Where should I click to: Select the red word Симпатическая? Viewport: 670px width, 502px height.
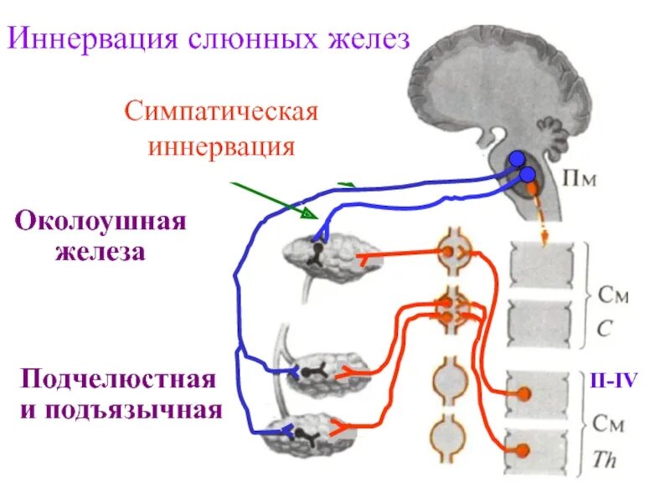tap(221, 111)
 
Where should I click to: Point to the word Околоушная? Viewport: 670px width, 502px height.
tap(101, 223)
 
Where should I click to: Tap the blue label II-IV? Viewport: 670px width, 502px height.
tap(612, 382)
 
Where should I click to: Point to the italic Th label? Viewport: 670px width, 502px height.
tap(604, 461)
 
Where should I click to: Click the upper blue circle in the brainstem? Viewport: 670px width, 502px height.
tap(518, 159)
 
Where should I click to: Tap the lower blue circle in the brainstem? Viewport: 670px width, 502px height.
tap(527, 175)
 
